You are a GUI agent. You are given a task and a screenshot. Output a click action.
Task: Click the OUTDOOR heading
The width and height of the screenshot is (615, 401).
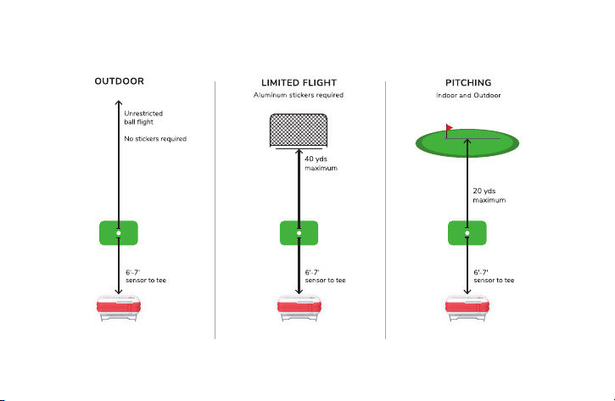pyautogui.click(x=120, y=81)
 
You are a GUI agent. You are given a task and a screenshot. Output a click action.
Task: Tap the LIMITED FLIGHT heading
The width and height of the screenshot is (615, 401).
pyautogui.click(x=299, y=83)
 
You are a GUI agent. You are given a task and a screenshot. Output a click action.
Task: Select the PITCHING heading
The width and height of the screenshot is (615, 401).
pyautogui.click(x=468, y=83)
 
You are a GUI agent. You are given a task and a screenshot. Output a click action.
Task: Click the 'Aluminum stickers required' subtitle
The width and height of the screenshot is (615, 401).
pyautogui.click(x=299, y=95)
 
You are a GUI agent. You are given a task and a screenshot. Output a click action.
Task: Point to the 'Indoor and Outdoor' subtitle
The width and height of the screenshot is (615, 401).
pyautogui.click(x=468, y=95)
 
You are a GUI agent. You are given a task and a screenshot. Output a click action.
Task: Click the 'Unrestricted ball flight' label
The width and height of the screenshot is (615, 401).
pyautogui.click(x=143, y=118)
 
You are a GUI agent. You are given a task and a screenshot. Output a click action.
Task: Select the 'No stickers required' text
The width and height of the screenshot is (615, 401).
pyautogui.click(x=155, y=139)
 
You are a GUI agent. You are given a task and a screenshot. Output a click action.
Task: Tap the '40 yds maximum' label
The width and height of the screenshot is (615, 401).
pyautogui.click(x=321, y=164)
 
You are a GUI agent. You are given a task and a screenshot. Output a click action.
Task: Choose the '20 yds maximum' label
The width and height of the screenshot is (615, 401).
pyautogui.click(x=489, y=195)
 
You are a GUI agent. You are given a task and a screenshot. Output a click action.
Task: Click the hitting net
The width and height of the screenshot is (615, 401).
pyautogui.click(x=299, y=131)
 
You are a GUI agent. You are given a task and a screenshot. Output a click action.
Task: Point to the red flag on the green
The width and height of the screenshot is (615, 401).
pyautogui.click(x=450, y=127)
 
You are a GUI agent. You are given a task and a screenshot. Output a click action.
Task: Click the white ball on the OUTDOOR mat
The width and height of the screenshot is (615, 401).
pyautogui.click(x=119, y=233)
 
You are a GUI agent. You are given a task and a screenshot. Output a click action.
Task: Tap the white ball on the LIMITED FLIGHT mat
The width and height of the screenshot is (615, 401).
pyautogui.click(x=299, y=233)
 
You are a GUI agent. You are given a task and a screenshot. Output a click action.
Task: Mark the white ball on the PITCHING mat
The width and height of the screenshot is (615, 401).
pyautogui.click(x=467, y=233)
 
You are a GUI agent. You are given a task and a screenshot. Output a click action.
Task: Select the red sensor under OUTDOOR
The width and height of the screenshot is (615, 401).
pyautogui.click(x=119, y=309)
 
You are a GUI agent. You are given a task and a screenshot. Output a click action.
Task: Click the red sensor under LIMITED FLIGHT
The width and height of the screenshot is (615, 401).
pyautogui.click(x=299, y=309)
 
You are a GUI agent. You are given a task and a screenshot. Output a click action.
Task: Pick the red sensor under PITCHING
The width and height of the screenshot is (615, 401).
pyautogui.click(x=467, y=309)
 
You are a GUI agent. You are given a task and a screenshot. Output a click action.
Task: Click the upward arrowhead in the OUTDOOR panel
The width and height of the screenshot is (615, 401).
pyautogui.click(x=119, y=103)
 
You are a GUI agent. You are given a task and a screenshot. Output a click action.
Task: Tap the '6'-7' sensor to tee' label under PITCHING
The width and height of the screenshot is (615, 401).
pyautogui.click(x=494, y=276)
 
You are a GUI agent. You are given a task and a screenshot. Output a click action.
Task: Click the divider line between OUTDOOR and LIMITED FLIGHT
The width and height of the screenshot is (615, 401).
pyautogui.click(x=215, y=210)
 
